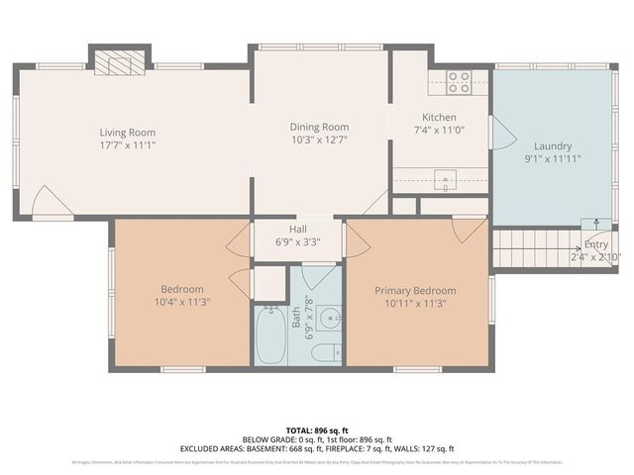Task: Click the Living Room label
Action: pyautogui.click(x=128, y=132)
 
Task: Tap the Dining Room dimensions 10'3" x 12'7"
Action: pyautogui.click(x=319, y=140)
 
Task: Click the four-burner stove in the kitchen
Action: pyautogui.click(x=458, y=82)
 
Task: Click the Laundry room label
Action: pyautogui.click(x=553, y=144)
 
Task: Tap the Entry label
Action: pyautogui.click(x=596, y=244)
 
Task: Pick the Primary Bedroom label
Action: pyautogui.click(x=416, y=290)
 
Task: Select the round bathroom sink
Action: pyautogui.click(x=332, y=319)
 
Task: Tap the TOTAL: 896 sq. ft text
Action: pyautogui.click(x=317, y=430)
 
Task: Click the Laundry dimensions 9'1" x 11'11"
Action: pyautogui.click(x=553, y=157)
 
